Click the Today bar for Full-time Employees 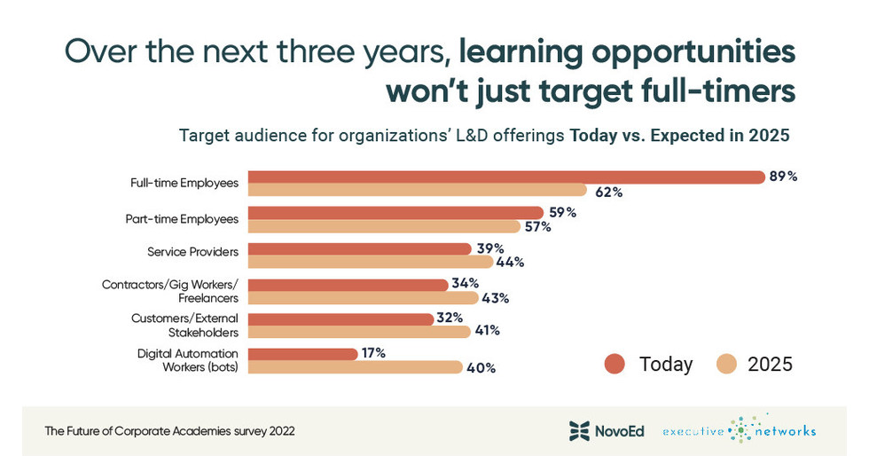(505, 177)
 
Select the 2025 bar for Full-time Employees (417, 190)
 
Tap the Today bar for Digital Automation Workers (302, 354)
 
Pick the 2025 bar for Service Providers (370, 262)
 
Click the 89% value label (783, 177)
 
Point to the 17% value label (372, 353)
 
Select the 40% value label (481, 367)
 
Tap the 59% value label (562, 213)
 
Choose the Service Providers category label (192, 252)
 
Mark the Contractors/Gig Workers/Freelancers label (170, 291)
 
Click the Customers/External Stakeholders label (184, 325)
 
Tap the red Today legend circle (615, 364)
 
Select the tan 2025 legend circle (728, 364)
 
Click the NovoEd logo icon (579, 431)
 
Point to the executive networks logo (739, 430)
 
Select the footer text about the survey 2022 (169, 431)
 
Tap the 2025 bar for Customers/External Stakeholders (358, 332)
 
